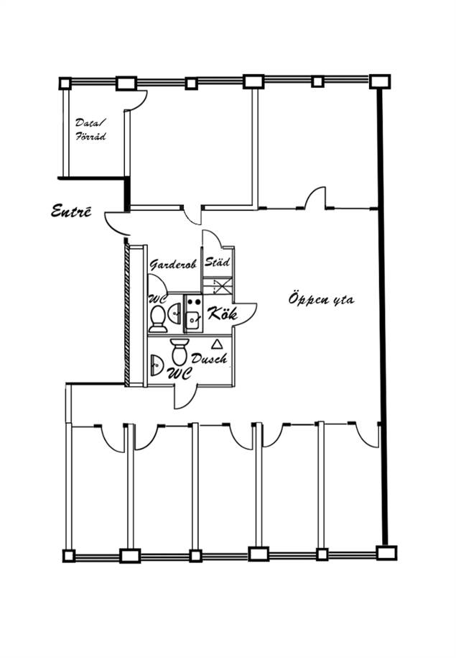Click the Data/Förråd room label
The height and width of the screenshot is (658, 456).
tap(91, 129)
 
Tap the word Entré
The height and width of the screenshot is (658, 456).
tap(71, 211)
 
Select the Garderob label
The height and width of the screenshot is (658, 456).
tap(173, 265)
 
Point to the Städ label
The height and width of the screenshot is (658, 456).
tap(217, 262)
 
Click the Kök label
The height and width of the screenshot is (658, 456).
tap(222, 314)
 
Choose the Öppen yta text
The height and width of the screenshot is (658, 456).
tap(322, 299)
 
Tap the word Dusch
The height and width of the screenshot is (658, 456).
tap(209, 358)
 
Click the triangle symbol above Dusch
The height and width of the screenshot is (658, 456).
tap(217, 344)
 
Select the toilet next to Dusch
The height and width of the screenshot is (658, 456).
tap(180, 352)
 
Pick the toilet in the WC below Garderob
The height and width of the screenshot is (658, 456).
tap(158, 318)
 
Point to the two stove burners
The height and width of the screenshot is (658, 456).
tap(193, 301)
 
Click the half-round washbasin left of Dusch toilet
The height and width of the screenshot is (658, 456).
tap(156, 365)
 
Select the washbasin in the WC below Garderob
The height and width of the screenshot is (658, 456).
tap(176, 313)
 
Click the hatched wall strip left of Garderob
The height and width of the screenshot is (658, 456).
tap(127, 315)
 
